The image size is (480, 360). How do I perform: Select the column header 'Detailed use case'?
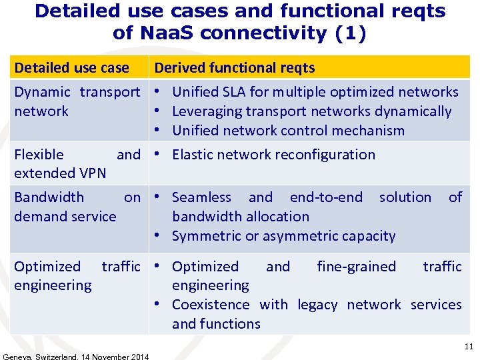click(71, 67)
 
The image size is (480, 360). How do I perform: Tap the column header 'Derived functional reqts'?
click(235, 67)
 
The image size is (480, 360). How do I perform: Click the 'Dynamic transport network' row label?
click(77, 101)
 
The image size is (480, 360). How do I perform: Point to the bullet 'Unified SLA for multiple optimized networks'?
click(315, 92)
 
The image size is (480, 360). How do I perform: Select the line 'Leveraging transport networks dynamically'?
click(311, 111)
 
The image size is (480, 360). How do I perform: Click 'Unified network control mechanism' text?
click(288, 130)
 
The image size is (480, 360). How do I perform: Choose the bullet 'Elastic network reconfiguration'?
click(273, 155)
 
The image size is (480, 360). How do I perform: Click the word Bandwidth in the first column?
click(49, 197)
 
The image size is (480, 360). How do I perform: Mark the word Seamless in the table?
click(201, 197)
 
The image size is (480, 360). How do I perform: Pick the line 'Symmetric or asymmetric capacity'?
click(283, 236)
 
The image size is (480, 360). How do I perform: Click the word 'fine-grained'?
click(356, 267)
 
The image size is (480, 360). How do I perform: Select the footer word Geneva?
click(18, 357)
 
